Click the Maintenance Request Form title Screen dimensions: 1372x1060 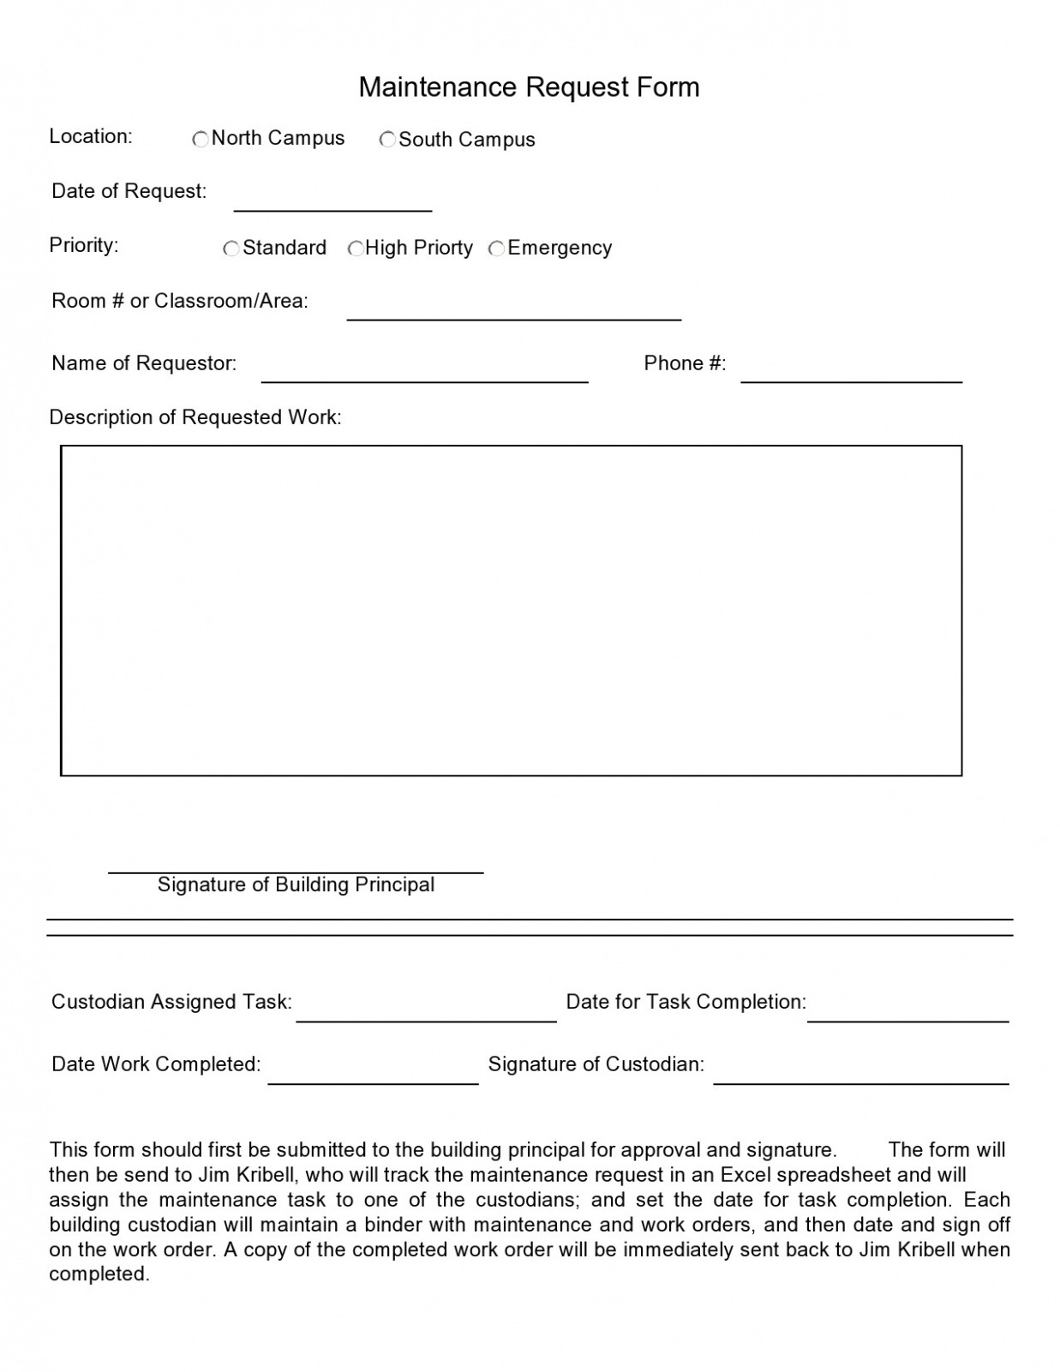(x=529, y=87)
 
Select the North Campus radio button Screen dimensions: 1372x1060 (x=201, y=139)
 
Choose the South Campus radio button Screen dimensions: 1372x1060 (x=387, y=139)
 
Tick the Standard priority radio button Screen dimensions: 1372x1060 (x=231, y=249)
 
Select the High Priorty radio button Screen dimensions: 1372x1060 (x=356, y=249)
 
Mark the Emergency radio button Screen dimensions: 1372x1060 (x=496, y=249)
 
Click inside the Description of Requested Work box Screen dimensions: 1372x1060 (x=511, y=610)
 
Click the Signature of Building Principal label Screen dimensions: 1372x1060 (x=296, y=884)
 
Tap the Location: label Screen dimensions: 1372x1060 (x=91, y=136)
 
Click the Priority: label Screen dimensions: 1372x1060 (x=84, y=245)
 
